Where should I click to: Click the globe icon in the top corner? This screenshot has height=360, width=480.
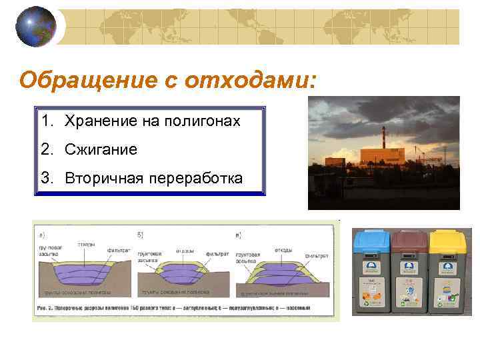(35, 26)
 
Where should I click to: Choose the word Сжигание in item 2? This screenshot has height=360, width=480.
(101, 149)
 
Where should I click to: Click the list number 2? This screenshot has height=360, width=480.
(46, 149)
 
